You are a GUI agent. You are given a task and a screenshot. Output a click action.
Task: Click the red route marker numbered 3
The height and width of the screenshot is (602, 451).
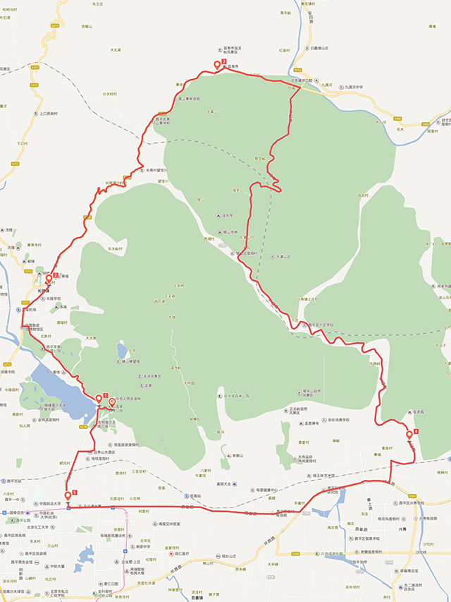(218, 66)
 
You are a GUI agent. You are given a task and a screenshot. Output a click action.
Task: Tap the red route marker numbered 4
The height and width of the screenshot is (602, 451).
(409, 434)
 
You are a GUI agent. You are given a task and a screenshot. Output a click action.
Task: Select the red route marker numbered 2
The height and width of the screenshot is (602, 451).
(49, 279)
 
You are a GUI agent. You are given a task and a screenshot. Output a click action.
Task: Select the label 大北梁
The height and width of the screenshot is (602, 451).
(116, 49)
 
